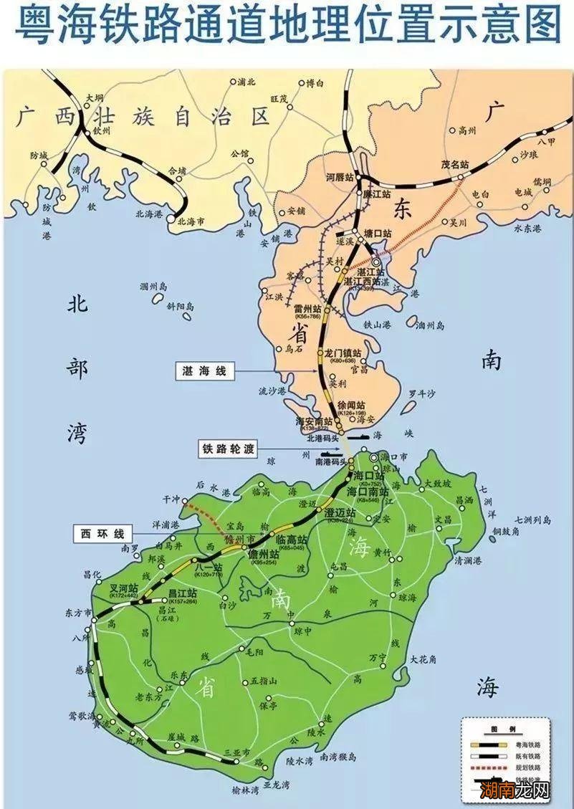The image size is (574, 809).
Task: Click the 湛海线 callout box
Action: pos(206,370)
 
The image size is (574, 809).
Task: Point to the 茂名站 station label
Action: pos(454,164)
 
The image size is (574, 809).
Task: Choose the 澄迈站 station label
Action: pos(340,513)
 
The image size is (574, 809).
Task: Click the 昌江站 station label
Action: pos(182,593)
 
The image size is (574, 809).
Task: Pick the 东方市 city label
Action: pos(77,614)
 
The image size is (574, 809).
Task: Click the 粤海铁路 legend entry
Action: pos(528,745)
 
